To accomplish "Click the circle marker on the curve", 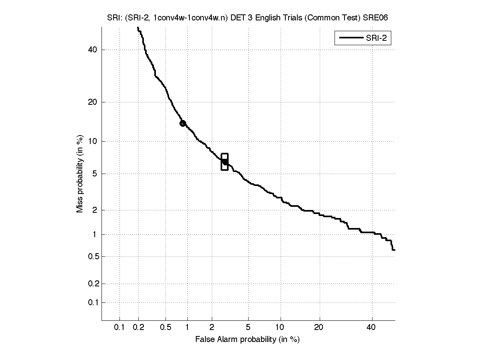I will tap(183, 123).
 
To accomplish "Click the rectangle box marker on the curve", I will tap(225, 162).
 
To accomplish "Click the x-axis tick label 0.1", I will tap(120, 328).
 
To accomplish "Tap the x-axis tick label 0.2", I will tap(139, 328).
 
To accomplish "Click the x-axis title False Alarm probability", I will tap(247, 340).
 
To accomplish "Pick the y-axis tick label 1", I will tap(95, 235).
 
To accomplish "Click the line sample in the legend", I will tap(350, 38).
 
